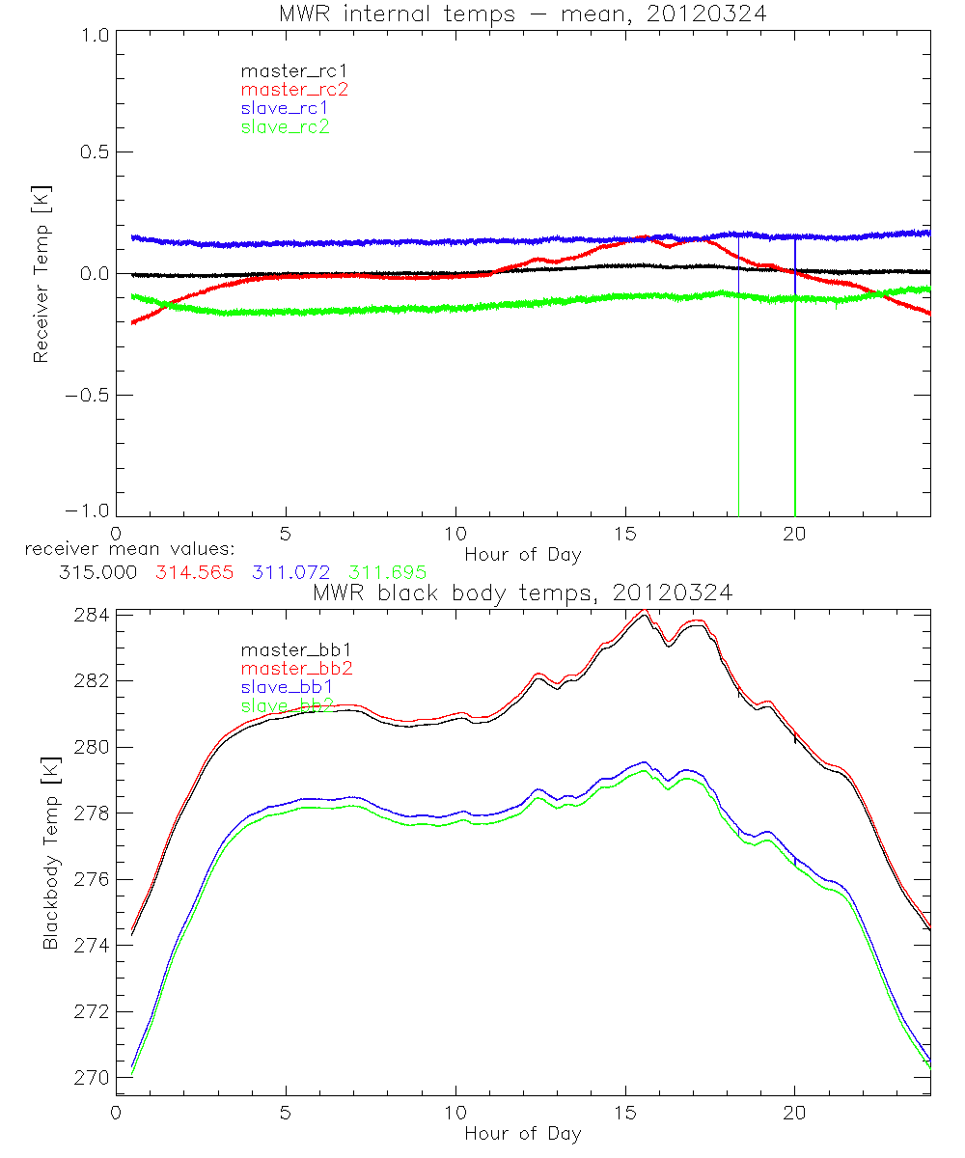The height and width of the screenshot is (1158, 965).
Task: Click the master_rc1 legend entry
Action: (285, 70)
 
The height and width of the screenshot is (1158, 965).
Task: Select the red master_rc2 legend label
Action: (294, 89)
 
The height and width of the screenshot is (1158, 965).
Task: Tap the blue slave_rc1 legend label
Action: (285, 108)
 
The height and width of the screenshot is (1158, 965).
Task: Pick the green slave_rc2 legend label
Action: (285, 126)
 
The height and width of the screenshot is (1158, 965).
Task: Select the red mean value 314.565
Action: (194, 572)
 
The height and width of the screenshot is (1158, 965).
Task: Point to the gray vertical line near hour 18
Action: (739, 405)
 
